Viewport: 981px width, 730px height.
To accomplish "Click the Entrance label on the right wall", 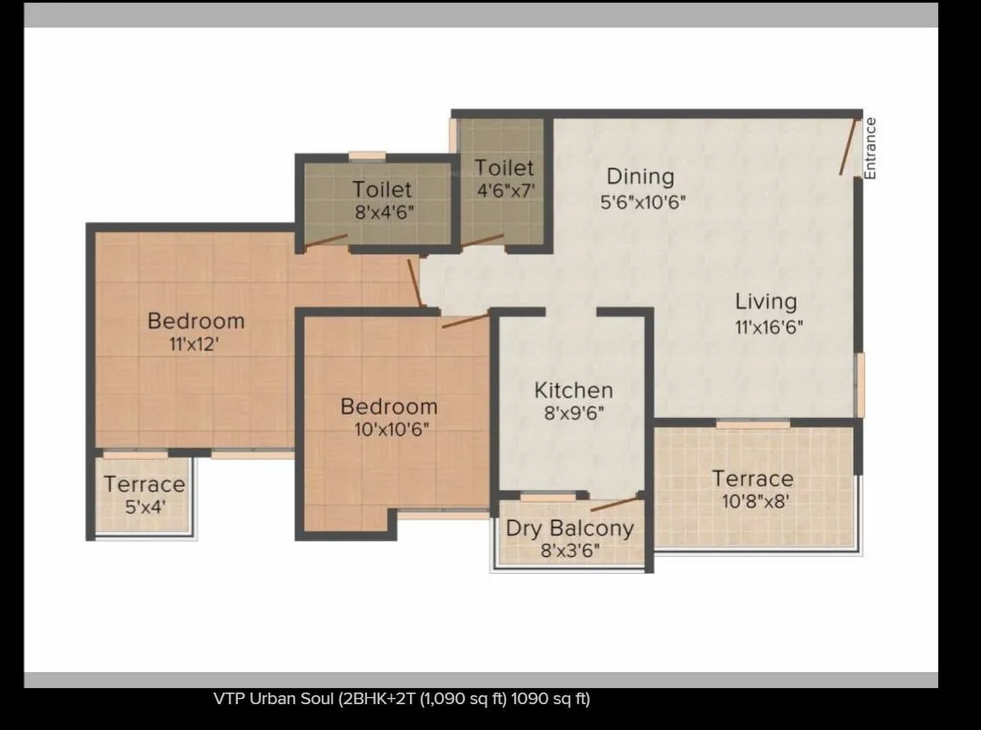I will point(871,148).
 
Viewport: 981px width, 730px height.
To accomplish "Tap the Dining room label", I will point(640,176).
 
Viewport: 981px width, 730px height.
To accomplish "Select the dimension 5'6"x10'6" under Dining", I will point(642,202).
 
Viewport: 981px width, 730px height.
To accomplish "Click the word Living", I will point(765,301).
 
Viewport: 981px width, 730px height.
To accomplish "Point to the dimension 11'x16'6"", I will point(768,327).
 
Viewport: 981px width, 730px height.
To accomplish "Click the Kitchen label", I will point(573,390).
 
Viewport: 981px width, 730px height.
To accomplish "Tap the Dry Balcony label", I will point(569,528).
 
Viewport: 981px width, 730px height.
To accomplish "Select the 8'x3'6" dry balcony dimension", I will point(570,550).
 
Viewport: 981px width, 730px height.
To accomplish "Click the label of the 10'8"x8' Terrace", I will point(752,479).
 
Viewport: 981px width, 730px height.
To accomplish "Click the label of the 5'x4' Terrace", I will point(143,485).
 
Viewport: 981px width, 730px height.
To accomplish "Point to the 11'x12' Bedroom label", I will point(195,320).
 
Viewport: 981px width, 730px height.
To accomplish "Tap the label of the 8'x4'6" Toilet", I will point(381,189).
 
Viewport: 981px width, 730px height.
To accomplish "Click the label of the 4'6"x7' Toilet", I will point(503,168).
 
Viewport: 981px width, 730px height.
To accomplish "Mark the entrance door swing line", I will point(847,145).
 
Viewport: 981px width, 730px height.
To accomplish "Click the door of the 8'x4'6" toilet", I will point(325,240).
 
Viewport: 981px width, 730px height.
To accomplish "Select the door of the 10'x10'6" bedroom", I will point(465,320).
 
